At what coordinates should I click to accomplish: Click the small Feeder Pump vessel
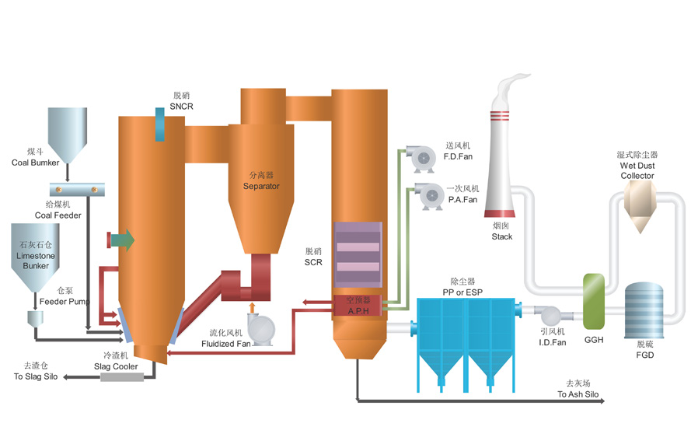click(36, 319)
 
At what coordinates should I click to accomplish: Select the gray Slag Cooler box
click(122, 377)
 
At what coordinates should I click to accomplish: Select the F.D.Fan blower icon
click(423, 159)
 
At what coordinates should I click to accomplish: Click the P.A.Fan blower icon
click(426, 196)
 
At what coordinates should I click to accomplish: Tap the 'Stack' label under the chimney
click(502, 236)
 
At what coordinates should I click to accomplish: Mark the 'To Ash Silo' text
click(578, 394)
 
